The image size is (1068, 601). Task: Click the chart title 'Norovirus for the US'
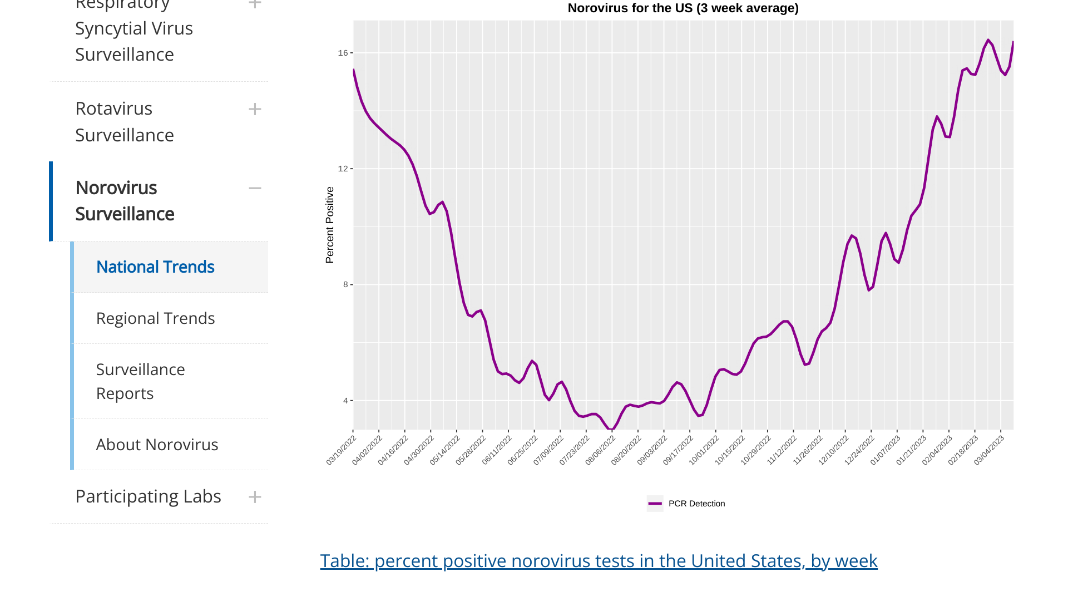click(683, 8)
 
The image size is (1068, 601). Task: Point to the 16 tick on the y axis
click(343, 53)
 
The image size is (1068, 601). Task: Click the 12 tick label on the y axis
click(343, 169)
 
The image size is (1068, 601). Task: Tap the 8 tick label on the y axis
click(345, 284)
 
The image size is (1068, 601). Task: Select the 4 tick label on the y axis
click(345, 401)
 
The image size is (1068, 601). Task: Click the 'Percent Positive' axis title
click(330, 225)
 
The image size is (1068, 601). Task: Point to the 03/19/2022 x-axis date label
click(341, 450)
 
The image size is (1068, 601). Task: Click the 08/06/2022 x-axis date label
click(600, 450)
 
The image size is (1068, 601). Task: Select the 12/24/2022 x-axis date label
click(859, 450)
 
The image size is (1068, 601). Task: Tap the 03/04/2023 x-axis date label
click(989, 450)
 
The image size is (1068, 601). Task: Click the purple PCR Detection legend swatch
click(655, 504)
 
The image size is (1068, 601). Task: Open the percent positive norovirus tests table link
click(599, 561)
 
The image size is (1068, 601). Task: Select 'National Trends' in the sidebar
click(155, 267)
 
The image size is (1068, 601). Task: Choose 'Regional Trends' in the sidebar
click(155, 318)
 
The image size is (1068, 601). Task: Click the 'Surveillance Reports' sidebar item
click(140, 381)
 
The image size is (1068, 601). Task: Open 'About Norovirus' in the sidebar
click(157, 445)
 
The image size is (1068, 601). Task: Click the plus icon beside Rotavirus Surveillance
click(255, 109)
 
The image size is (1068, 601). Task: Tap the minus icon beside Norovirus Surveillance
click(255, 188)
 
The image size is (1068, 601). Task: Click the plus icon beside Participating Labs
click(255, 497)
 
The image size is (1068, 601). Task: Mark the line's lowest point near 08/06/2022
click(611, 430)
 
